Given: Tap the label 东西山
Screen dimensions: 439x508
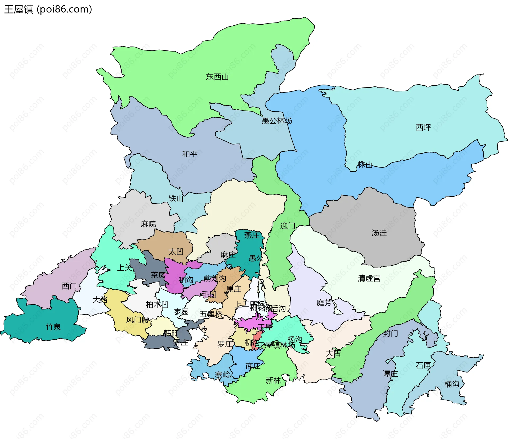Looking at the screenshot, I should tap(217, 77).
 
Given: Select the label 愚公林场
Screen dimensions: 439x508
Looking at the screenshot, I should tap(277, 121).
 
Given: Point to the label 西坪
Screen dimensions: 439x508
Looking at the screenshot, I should tap(423, 127).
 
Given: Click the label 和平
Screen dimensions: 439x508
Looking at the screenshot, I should tap(190, 154).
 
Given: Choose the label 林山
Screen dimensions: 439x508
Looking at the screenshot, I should tap(365, 165).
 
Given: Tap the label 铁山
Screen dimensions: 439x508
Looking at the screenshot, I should tap(176, 198).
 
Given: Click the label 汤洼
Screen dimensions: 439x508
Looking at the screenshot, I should tap(379, 233).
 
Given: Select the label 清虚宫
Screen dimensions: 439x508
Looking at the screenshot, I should tap(369, 278).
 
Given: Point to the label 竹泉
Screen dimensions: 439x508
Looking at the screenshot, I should tap(53, 327).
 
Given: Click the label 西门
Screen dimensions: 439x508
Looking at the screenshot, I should tap(69, 286).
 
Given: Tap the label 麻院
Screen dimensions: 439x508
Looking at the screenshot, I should tap(148, 224).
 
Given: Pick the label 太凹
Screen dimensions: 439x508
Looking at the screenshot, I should tap(176, 251).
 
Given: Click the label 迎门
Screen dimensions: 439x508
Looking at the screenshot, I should tap(288, 226).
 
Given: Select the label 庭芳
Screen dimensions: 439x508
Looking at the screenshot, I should tap(324, 303).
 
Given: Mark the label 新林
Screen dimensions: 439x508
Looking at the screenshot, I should tap(273, 380).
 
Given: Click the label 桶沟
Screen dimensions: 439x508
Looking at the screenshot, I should tap(452, 384).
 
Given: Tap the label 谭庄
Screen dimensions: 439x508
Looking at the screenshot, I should tap(390, 374).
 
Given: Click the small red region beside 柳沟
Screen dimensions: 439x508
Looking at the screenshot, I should tap(256, 340).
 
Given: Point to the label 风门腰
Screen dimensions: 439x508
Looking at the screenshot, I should tap(138, 320).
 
